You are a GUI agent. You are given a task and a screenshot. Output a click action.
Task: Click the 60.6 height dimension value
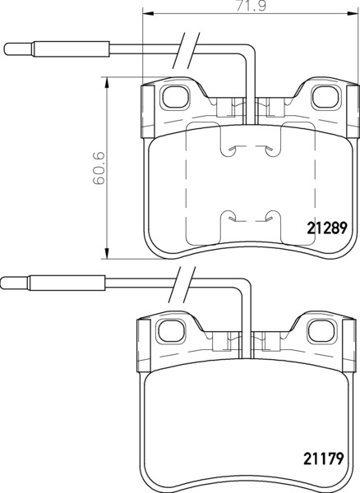pos(99,168)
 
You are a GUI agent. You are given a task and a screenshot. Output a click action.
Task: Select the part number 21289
pos(326,228)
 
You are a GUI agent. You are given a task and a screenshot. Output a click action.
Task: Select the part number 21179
pos(323,458)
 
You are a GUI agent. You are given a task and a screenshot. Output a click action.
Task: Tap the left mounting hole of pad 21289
pos(175,97)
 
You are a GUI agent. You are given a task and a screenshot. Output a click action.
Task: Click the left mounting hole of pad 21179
pos(171,331)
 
